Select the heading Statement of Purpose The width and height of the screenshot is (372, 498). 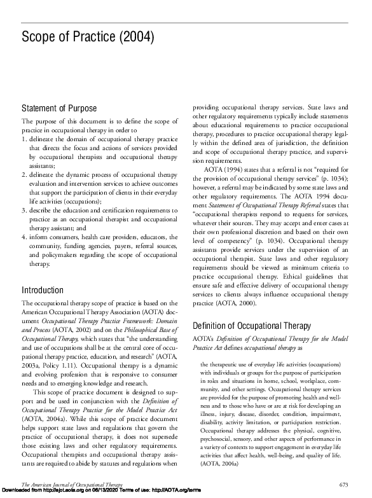coord(59,108)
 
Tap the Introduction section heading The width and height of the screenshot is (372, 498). coord(46,291)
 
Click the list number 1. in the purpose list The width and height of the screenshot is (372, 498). coord(25,139)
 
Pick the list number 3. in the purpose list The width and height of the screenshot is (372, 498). coord(25,210)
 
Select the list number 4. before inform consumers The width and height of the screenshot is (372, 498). coord(25,237)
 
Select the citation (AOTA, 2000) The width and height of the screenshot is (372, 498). coord(233,304)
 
